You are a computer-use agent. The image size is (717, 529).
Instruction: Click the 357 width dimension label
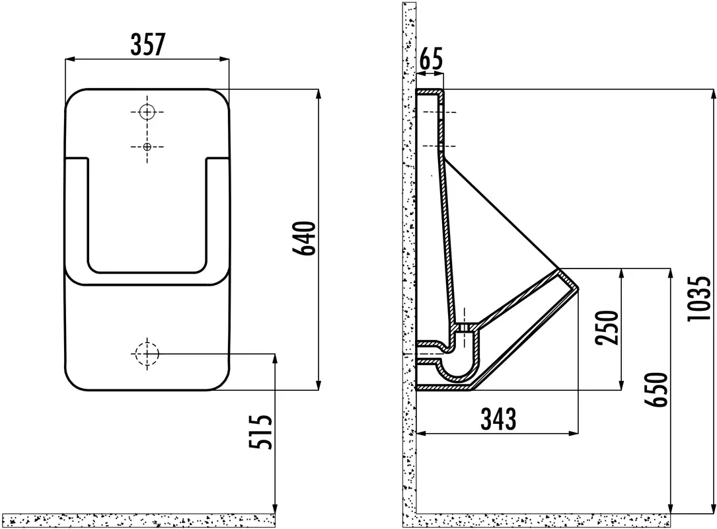(x=147, y=44)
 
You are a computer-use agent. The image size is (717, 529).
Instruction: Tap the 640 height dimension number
(x=305, y=239)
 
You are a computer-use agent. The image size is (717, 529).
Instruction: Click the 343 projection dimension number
(x=498, y=419)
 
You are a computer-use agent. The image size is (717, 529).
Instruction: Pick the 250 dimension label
(x=607, y=327)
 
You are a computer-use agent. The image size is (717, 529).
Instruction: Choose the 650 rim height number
(x=656, y=389)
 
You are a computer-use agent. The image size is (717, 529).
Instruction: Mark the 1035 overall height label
(x=700, y=298)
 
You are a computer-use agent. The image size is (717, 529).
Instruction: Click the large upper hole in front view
(x=147, y=112)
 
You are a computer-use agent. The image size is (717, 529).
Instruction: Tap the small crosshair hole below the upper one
(x=147, y=146)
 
